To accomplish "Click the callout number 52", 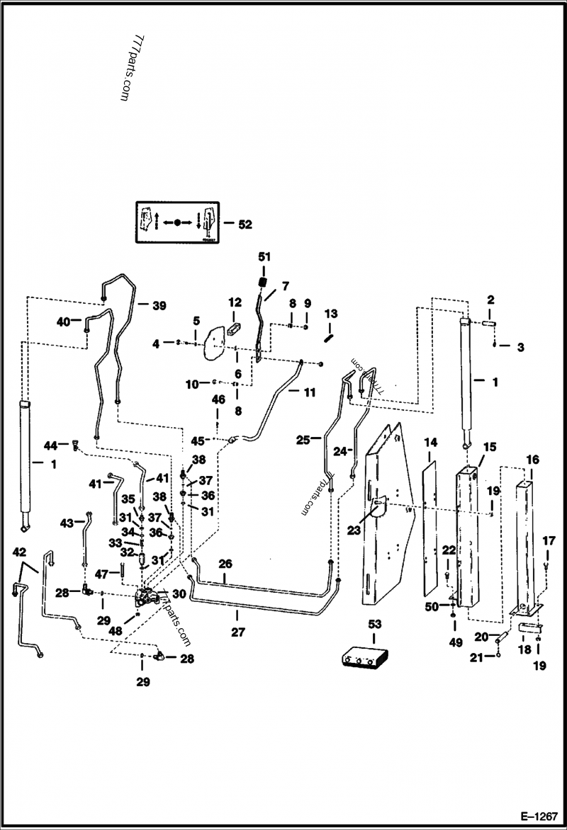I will [245, 224].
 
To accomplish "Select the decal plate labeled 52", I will [177, 222].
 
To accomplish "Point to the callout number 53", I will [375, 624].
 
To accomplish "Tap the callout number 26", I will [225, 565].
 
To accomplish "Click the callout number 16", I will [532, 460].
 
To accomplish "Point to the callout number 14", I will [430, 443].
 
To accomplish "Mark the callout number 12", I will [235, 303].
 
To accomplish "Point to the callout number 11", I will [310, 392].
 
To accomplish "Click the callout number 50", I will [432, 607].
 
